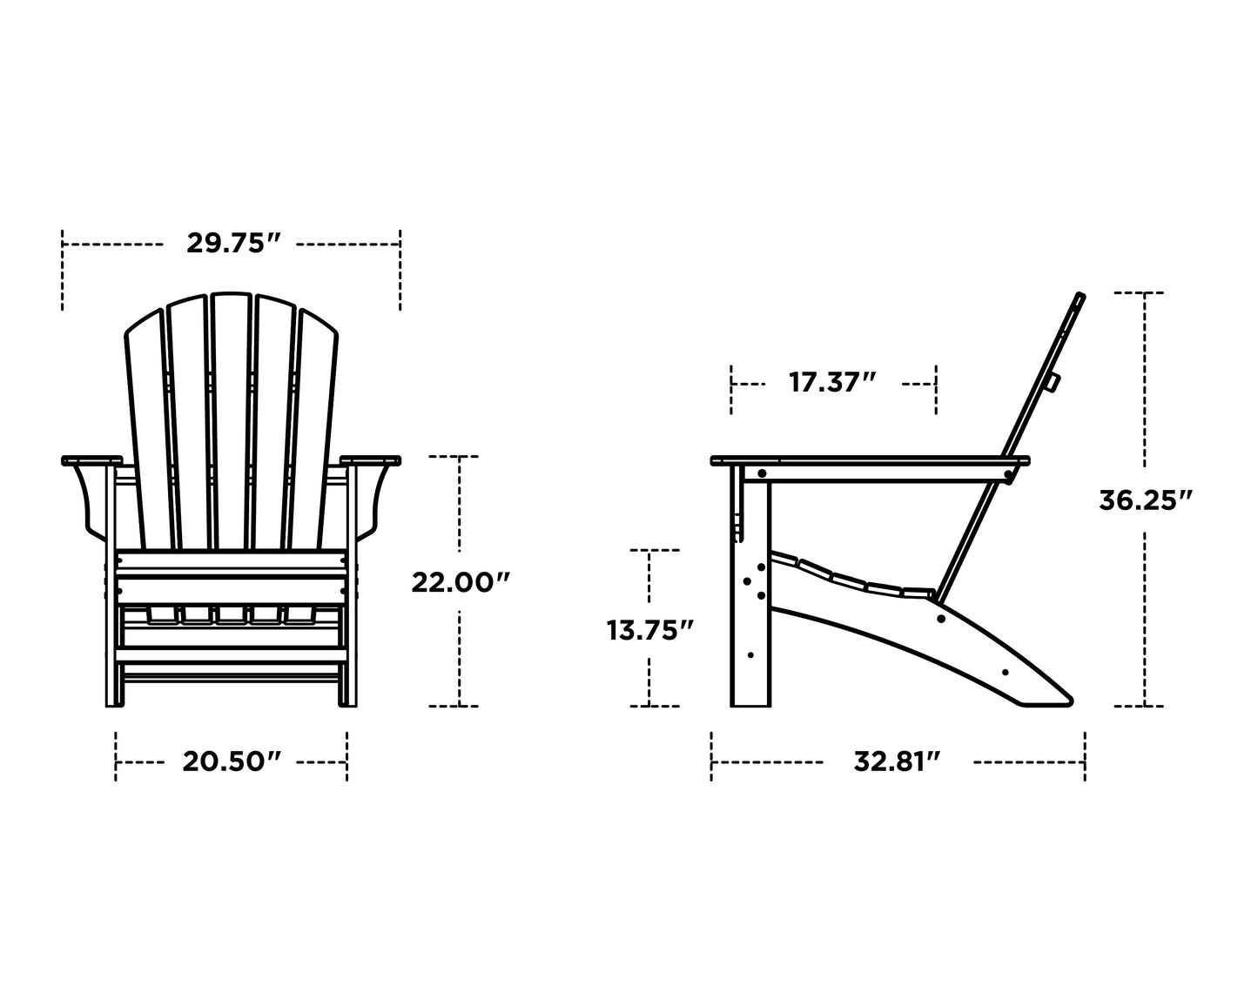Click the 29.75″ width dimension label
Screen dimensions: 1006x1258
pyautogui.click(x=232, y=244)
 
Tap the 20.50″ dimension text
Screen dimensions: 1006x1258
pyautogui.click(x=232, y=761)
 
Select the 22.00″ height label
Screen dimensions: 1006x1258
pyautogui.click(x=459, y=581)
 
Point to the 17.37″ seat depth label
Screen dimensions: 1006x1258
pyautogui.click(x=833, y=382)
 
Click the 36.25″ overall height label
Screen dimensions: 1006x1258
pyautogui.click(x=1145, y=500)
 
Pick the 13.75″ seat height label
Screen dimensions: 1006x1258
pyautogui.click(x=650, y=629)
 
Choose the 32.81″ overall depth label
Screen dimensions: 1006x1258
pyautogui.click(x=898, y=761)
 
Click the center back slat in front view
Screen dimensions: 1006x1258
pyautogui.click(x=231, y=418)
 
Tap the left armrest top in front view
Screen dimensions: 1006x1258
pyautogui.click(x=90, y=459)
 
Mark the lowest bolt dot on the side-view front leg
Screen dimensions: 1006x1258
pyautogui.click(x=750, y=654)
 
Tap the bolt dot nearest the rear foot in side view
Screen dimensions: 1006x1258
pyautogui.click(x=1006, y=672)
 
